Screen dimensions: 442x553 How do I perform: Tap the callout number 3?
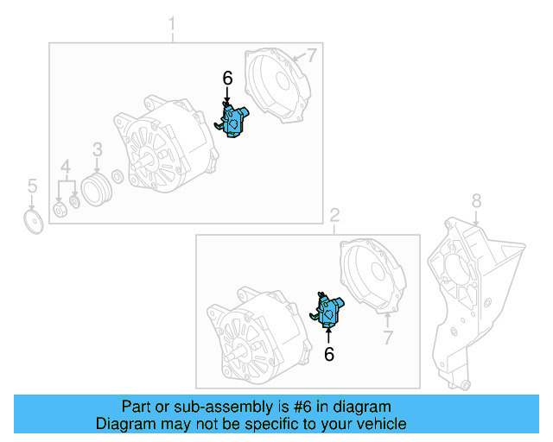[97, 148]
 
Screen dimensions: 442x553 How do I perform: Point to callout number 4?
[66, 165]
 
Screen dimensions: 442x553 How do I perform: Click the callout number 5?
[32, 185]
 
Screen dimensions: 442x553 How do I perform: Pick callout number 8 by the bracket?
[476, 202]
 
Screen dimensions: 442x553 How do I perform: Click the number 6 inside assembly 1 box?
[227, 78]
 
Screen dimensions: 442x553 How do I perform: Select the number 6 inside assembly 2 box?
[328, 353]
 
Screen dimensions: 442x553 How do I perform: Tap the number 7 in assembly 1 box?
[312, 56]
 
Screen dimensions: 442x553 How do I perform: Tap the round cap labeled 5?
[33, 221]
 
